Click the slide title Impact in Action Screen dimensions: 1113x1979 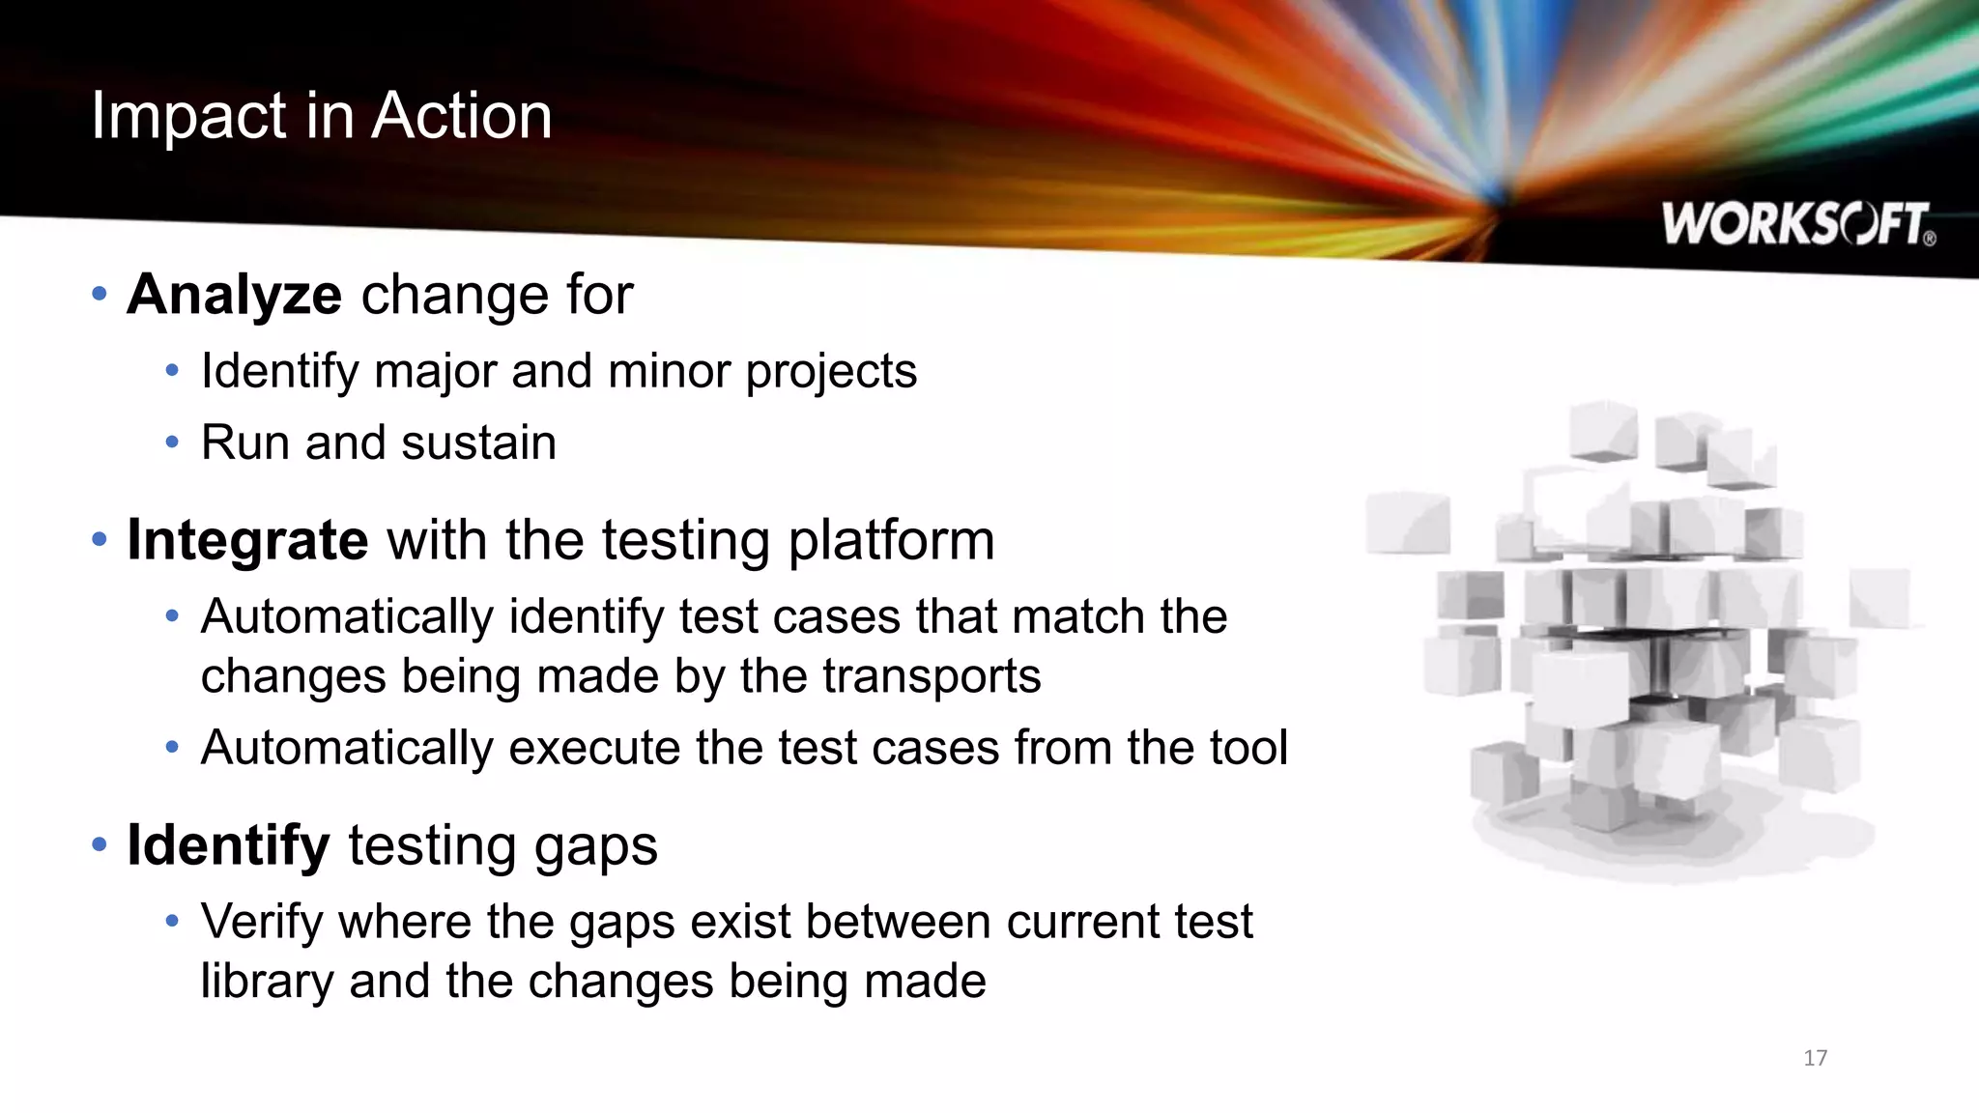pyautogui.click(x=321, y=116)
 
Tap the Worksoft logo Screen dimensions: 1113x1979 pyautogui.click(x=1797, y=224)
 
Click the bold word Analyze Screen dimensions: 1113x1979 pyautogui.click(x=234, y=294)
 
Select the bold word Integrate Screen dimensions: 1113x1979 pyautogui.click(x=247, y=539)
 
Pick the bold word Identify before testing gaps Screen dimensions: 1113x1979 pyautogui.click(x=228, y=844)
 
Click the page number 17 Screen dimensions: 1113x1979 pyautogui.click(x=1815, y=1058)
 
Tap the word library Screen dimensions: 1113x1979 pyautogui.click(x=267, y=982)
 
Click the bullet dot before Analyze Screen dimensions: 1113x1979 pyautogui.click(x=99, y=293)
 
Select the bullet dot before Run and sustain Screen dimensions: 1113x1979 pyautogui.click(x=172, y=442)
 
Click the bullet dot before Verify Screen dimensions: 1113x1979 pyautogui.click(x=172, y=921)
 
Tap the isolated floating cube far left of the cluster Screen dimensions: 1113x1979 pyautogui.click(x=1408, y=524)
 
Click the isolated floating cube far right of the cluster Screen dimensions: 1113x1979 pyautogui.click(x=1879, y=597)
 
